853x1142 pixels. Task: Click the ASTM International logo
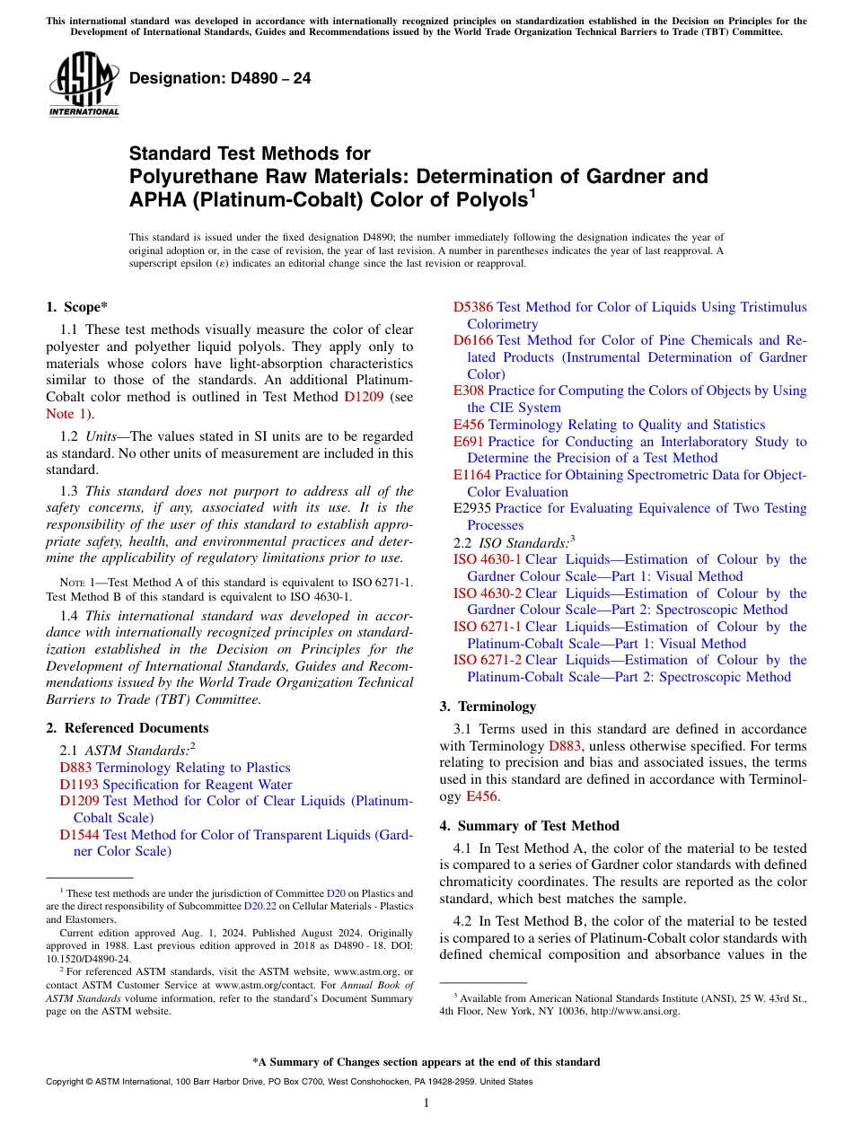click(84, 84)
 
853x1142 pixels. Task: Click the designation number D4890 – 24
click(220, 78)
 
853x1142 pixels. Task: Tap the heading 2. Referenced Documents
click(128, 728)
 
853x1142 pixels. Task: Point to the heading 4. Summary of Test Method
click(529, 826)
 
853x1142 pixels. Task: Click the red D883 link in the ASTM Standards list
click(75, 768)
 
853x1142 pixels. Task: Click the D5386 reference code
click(473, 307)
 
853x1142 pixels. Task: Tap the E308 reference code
click(468, 391)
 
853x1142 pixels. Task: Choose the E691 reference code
click(468, 442)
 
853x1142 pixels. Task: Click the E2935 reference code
click(471, 508)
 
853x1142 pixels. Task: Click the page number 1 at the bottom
click(426, 1103)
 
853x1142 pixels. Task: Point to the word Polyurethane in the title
click(182, 176)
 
